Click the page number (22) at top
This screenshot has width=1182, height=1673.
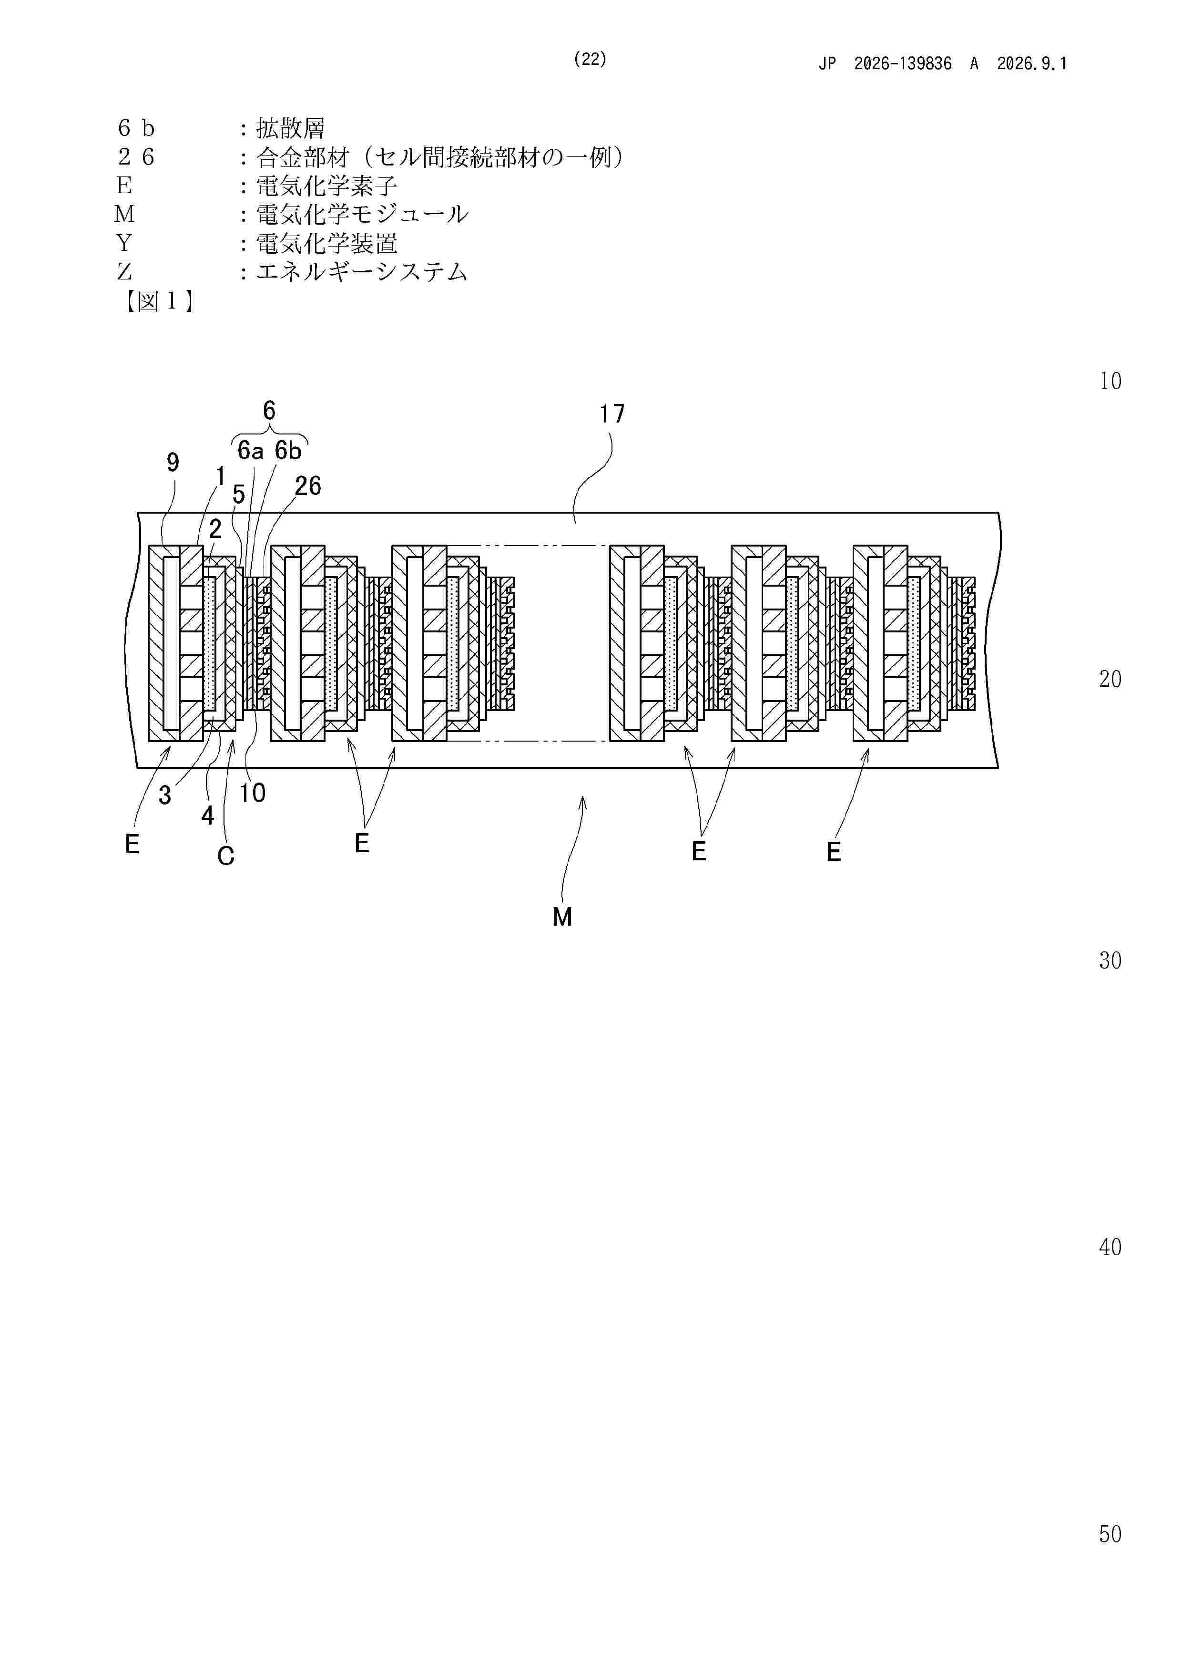pyautogui.click(x=590, y=59)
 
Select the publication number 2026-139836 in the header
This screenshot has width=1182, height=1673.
pyautogui.click(x=902, y=64)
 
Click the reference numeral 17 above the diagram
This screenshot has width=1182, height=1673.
pyautogui.click(x=612, y=414)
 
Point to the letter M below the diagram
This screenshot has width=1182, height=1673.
pyautogui.click(x=561, y=917)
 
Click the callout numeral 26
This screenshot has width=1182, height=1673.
pyautogui.click(x=307, y=486)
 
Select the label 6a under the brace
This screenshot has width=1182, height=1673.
pyautogui.click(x=251, y=451)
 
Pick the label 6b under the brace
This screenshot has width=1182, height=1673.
pyautogui.click(x=288, y=451)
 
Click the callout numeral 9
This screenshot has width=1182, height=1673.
pyautogui.click(x=173, y=462)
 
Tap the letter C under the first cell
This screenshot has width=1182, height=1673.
pyautogui.click(x=226, y=856)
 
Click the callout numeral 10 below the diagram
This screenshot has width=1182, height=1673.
pyautogui.click(x=253, y=793)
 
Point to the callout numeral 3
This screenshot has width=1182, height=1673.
pyautogui.click(x=165, y=795)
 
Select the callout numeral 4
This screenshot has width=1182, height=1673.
pyautogui.click(x=207, y=816)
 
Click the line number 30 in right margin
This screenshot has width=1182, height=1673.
pyautogui.click(x=1110, y=960)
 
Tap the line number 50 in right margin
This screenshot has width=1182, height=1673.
pyautogui.click(x=1110, y=1535)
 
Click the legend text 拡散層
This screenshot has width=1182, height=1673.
pyautogui.click(x=291, y=128)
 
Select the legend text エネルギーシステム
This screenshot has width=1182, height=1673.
pyautogui.click(x=361, y=272)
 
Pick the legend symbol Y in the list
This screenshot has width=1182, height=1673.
pyautogui.click(x=124, y=243)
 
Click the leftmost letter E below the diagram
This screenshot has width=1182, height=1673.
pyautogui.click(x=132, y=845)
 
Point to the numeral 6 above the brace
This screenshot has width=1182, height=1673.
pyautogui.click(x=269, y=411)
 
